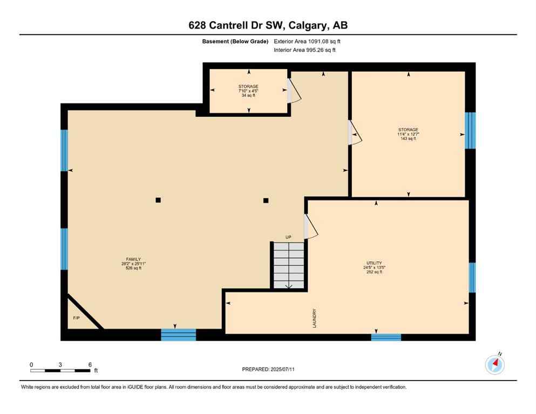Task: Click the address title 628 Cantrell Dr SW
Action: (268, 25)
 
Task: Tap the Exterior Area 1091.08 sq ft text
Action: (307, 41)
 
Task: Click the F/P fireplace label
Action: (76, 318)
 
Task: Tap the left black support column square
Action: (158, 200)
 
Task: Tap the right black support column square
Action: (266, 201)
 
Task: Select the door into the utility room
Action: (310, 226)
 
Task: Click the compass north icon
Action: (494, 364)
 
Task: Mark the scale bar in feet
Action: (60, 370)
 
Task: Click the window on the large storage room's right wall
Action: (470, 130)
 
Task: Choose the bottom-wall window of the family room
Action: (178, 335)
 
